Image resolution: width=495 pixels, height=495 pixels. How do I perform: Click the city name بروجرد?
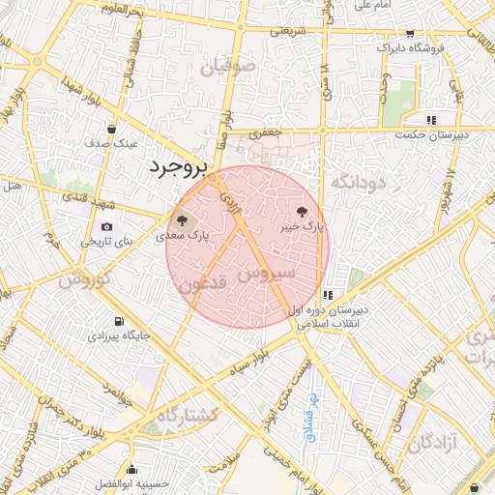[179, 167]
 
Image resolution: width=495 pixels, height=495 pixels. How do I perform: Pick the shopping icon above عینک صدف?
[112, 129]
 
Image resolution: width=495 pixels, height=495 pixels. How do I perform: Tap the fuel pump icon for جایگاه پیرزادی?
[119, 322]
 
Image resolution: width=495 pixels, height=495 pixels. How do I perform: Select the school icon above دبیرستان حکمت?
[431, 120]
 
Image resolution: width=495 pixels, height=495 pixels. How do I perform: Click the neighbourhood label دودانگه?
[359, 182]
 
